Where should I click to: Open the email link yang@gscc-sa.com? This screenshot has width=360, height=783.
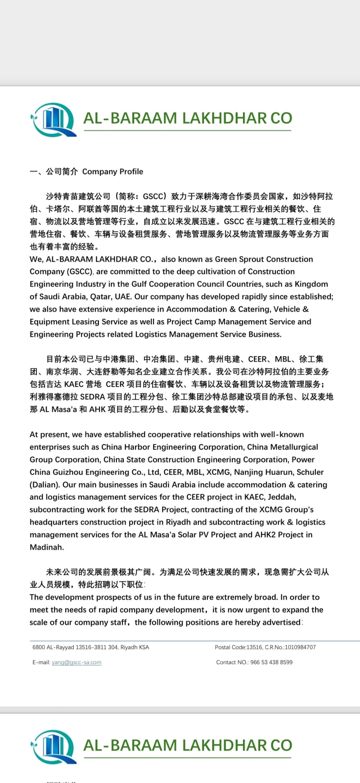[x=76, y=662]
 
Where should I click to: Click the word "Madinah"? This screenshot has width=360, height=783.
[x=47, y=548]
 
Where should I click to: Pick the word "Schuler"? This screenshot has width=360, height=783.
[x=310, y=472]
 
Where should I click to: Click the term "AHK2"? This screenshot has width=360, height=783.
[x=261, y=535]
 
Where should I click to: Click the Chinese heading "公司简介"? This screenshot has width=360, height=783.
[x=62, y=172]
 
